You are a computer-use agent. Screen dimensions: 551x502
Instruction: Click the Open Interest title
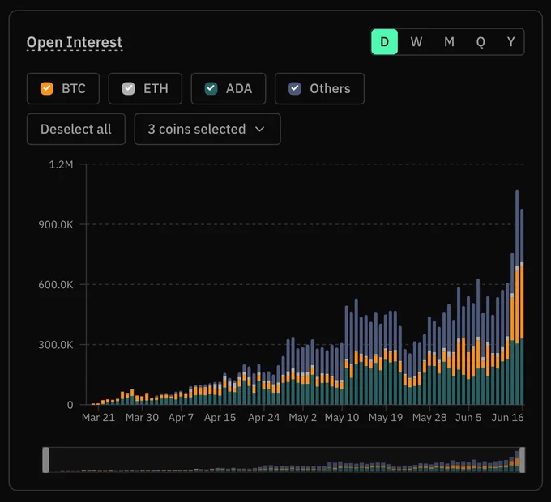point(75,42)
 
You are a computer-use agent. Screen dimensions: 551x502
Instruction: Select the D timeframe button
point(384,42)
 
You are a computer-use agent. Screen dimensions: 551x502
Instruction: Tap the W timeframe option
point(416,42)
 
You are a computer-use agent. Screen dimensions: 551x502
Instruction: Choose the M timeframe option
point(449,42)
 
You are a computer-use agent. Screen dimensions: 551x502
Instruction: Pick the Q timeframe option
point(481,42)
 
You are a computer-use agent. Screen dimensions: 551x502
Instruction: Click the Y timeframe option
point(511,42)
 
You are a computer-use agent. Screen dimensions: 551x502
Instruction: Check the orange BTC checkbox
point(47,88)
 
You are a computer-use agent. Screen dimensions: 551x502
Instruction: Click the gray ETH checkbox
point(128,88)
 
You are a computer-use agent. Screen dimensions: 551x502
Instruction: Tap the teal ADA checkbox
point(211,88)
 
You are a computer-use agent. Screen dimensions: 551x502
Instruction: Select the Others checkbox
point(295,88)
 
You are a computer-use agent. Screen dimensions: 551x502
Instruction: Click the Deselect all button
point(76,129)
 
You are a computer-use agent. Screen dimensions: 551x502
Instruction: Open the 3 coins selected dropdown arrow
point(259,130)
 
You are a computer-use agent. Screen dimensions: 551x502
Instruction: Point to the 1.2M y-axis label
point(61,164)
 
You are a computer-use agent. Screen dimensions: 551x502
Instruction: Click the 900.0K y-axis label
point(56,224)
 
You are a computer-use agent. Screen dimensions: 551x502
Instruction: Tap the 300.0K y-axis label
point(56,345)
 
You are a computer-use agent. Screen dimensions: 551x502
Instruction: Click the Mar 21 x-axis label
point(98,418)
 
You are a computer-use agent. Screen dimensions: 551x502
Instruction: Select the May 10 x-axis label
point(342,418)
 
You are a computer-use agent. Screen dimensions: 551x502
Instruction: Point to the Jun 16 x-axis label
point(507,418)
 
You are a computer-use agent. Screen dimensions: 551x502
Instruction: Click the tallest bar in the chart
point(517,298)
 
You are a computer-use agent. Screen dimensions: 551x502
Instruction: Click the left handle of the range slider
point(45,460)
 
